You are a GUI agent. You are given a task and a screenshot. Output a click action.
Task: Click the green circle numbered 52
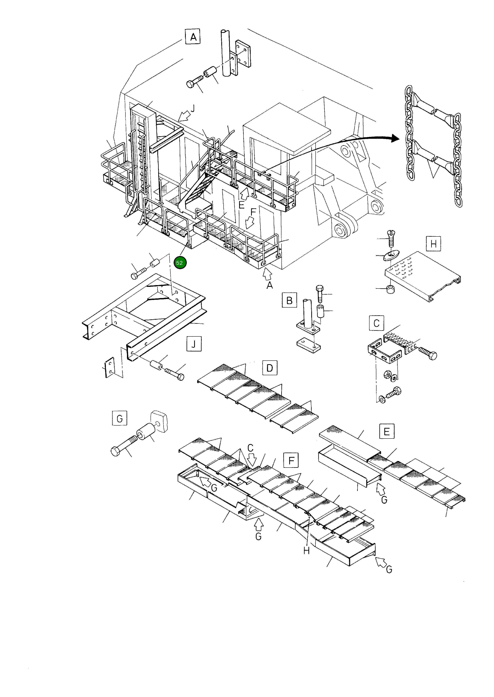click(x=180, y=263)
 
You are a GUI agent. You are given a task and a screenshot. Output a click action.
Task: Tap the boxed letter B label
click(x=289, y=300)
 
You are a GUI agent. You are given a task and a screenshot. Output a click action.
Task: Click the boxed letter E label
click(x=387, y=431)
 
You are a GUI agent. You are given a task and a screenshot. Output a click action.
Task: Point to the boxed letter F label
click(x=291, y=460)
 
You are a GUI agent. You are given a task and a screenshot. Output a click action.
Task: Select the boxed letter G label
click(x=119, y=418)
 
